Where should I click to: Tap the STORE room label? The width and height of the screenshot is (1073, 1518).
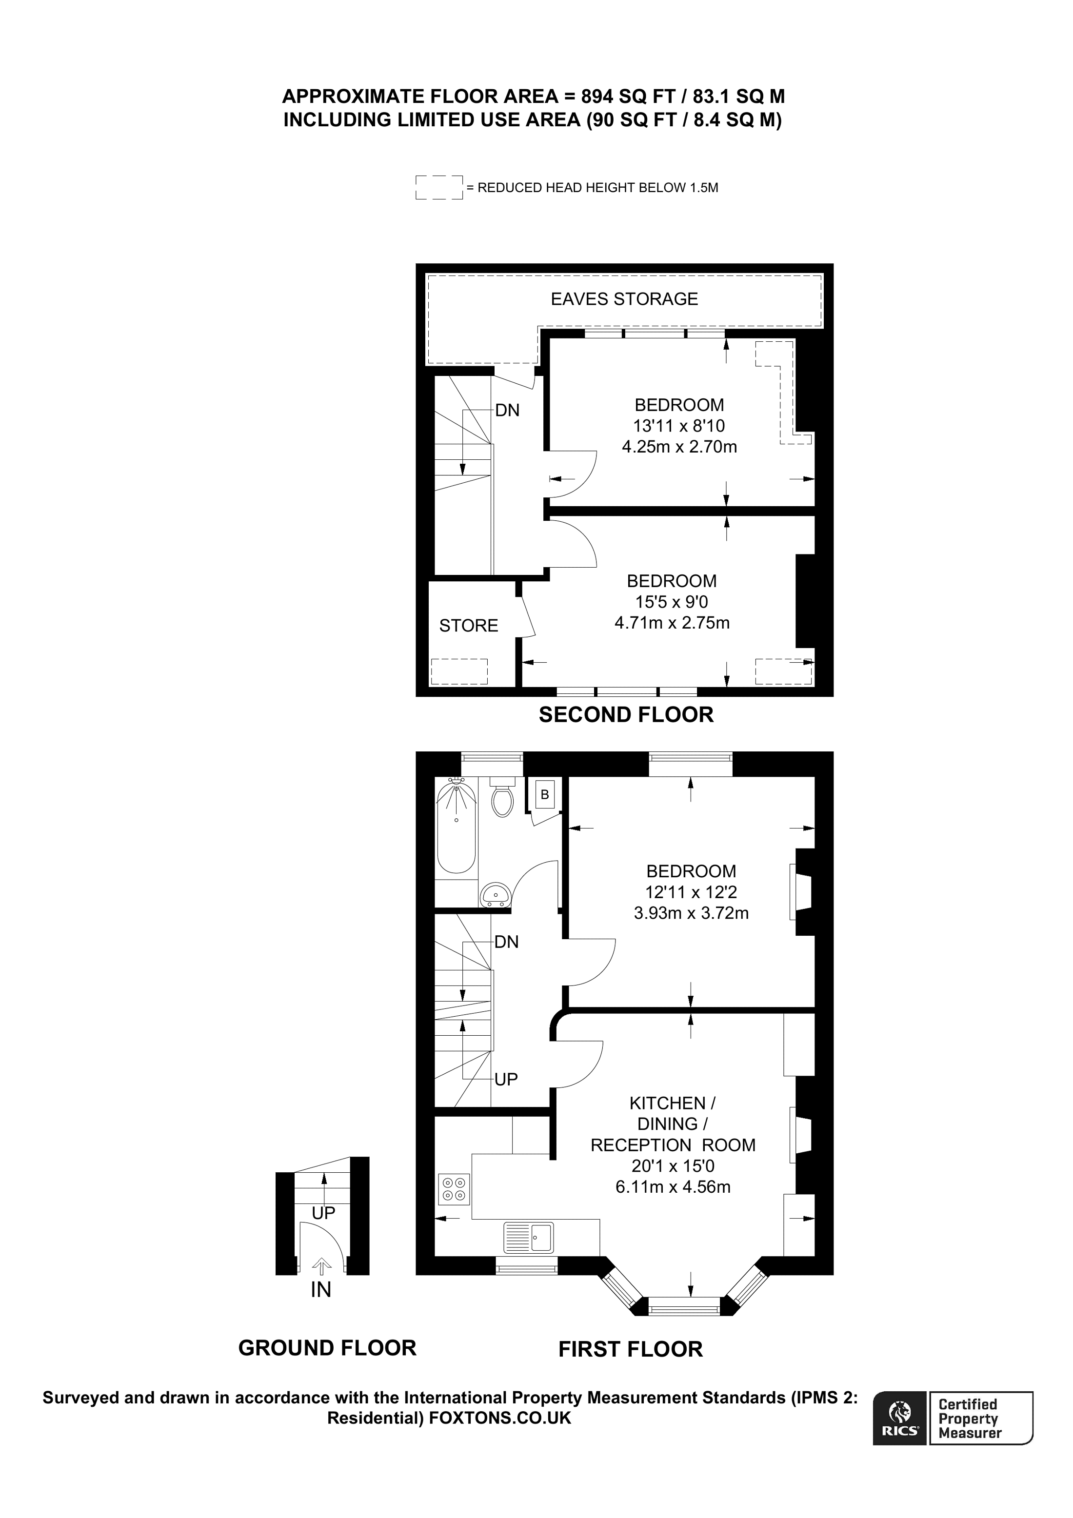468,626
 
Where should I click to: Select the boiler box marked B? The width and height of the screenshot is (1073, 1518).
544,795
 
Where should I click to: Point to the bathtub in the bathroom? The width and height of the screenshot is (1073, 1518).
456,827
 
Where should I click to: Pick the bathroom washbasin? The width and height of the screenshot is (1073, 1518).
495,896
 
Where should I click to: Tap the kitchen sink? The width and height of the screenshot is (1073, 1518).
528,1237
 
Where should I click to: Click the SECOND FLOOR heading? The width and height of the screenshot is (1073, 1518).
625,715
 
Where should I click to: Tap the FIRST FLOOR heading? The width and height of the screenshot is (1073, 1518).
630,1349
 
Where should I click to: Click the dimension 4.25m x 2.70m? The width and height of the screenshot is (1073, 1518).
679,447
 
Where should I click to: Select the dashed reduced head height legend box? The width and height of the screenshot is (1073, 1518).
438,187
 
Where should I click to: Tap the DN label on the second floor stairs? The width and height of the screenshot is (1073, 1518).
507,411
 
